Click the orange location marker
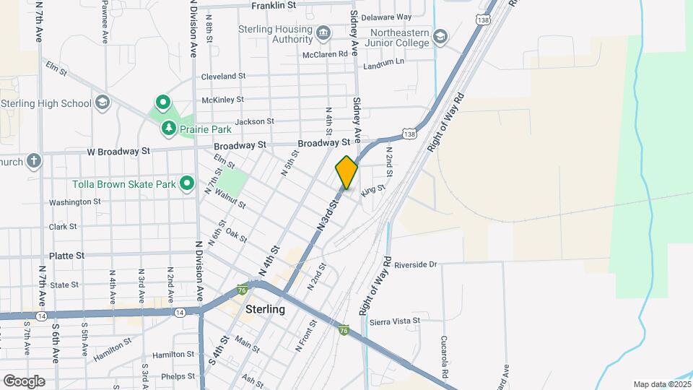(x=346, y=173)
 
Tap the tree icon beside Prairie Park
(x=169, y=129)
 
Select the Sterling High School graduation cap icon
(x=102, y=103)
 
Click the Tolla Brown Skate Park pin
(x=187, y=184)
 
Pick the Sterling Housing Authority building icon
(x=323, y=33)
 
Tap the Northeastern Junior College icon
(x=440, y=36)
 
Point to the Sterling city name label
(x=265, y=309)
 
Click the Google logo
(x=24, y=381)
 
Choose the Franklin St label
(x=274, y=6)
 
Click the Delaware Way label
(x=385, y=17)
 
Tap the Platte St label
(x=67, y=256)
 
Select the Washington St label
(x=75, y=202)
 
